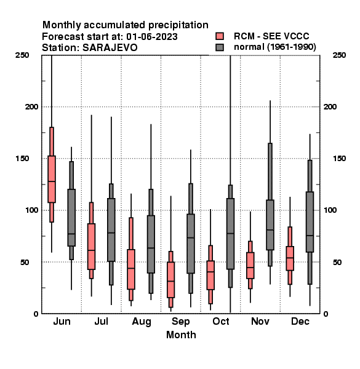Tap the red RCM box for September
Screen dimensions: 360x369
170,280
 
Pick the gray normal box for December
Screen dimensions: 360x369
310,222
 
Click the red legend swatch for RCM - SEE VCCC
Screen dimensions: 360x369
220,36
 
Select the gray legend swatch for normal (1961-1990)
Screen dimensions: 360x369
220,47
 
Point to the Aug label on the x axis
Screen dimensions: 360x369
142,322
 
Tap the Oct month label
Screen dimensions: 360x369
220,321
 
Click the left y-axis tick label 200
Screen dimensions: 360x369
31,107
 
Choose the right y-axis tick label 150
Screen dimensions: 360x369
339,159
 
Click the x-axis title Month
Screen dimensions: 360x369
181,335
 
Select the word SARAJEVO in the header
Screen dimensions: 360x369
110,48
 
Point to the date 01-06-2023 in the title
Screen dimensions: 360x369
152,37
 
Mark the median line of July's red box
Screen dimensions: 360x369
91,250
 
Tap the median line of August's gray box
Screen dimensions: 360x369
151,248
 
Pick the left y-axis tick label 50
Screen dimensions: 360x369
25,262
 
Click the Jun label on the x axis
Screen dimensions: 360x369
62,321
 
